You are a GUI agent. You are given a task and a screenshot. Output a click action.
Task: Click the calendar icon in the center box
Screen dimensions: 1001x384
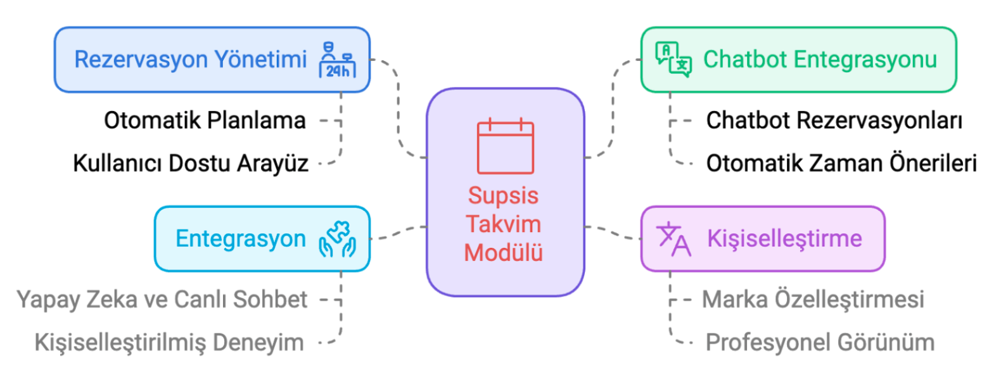click(x=506, y=146)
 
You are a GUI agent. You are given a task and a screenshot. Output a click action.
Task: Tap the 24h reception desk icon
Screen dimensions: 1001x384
click(x=338, y=60)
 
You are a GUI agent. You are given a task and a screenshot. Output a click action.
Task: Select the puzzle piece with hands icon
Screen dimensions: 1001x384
click(x=338, y=239)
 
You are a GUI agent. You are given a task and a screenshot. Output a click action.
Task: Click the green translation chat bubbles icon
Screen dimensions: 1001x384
click(x=673, y=60)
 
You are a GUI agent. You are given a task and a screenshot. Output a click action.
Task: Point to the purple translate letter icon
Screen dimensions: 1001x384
click(x=673, y=239)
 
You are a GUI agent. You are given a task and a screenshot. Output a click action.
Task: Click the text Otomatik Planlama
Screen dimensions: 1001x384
click(x=205, y=120)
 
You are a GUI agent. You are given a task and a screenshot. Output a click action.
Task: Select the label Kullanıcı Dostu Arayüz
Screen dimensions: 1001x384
click(x=191, y=163)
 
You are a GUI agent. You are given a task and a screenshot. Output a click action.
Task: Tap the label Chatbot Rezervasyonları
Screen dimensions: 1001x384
click(x=834, y=120)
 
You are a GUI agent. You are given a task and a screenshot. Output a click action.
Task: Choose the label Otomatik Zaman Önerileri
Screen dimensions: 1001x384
click(x=841, y=163)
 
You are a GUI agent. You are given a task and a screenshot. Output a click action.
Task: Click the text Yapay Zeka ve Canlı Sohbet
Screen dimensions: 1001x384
click(x=162, y=300)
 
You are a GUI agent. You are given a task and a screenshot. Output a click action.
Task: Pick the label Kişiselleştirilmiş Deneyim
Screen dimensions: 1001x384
click(x=169, y=343)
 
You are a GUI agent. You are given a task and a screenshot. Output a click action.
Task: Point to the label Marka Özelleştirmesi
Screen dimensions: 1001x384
click(x=813, y=300)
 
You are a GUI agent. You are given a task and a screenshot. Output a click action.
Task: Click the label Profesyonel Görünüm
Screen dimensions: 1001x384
click(x=820, y=343)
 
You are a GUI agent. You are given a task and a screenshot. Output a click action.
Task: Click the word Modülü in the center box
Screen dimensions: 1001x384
click(x=504, y=252)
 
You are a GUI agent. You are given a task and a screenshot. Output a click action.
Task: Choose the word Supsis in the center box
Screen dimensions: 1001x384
click(x=504, y=196)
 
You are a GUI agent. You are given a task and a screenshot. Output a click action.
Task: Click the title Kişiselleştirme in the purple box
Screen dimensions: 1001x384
click(x=785, y=239)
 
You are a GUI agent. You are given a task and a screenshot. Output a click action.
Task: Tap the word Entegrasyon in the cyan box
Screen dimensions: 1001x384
click(x=241, y=239)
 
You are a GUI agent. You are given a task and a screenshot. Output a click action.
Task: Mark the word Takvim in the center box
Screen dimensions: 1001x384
click(x=504, y=224)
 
